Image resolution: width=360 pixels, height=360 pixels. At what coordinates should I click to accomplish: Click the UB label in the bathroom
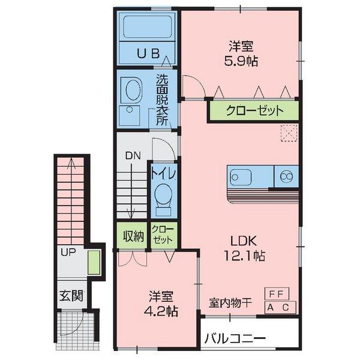click(148, 54)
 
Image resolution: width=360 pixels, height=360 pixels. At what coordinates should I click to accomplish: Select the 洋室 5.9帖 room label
click(241, 54)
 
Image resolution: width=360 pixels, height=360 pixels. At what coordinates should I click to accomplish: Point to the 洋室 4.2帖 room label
click(161, 304)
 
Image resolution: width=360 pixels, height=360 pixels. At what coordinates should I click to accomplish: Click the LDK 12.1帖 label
click(244, 248)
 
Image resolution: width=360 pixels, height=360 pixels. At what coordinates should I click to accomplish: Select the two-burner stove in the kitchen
click(287, 176)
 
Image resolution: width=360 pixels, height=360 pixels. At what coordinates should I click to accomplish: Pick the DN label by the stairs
click(133, 156)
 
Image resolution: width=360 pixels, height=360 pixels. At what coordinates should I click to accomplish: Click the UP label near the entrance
click(68, 253)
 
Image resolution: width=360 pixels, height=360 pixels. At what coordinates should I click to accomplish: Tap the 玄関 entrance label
click(71, 296)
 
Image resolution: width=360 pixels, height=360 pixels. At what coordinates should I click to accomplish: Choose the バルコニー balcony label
click(235, 338)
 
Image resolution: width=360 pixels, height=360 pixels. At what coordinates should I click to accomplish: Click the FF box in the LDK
click(277, 293)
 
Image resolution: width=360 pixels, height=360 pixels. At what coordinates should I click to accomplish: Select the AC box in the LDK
click(280, 307)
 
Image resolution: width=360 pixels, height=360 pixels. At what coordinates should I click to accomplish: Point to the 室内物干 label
click(230, 303)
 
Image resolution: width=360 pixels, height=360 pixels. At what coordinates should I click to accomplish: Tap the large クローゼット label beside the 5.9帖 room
click(254, 110)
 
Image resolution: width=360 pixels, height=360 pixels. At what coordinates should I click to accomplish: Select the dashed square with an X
click(289, 133)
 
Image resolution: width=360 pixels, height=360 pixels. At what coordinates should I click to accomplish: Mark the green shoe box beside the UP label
click(94, 262)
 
